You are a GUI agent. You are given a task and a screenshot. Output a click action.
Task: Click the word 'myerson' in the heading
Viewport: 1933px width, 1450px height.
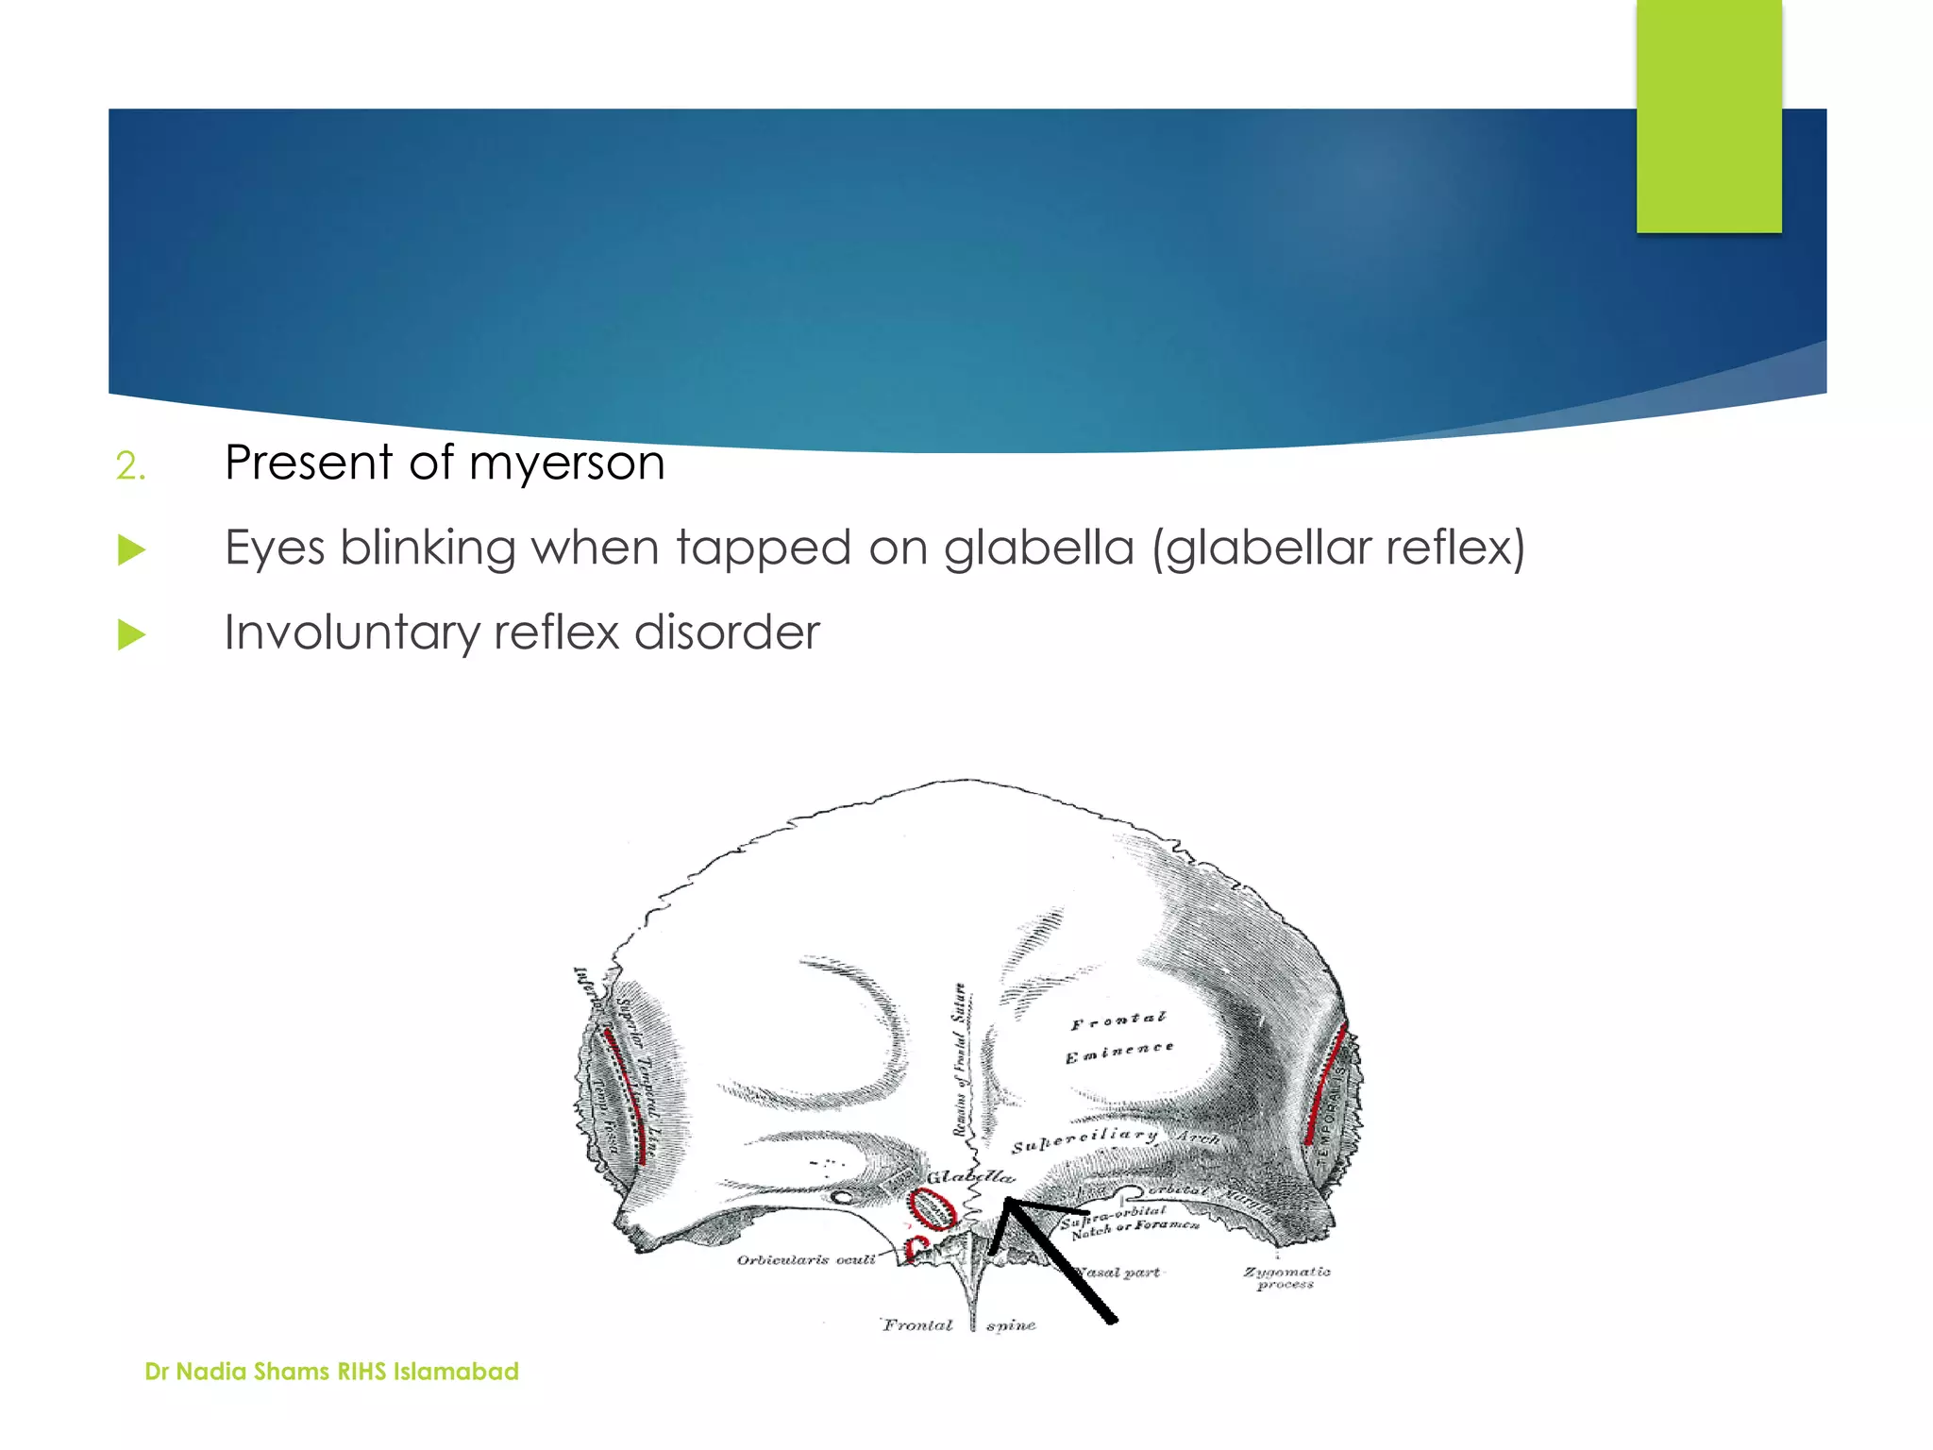pyautogui.click(x=566, y=464)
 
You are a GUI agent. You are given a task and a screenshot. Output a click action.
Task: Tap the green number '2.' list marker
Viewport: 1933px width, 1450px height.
pyautogui.click(x=131, y=466)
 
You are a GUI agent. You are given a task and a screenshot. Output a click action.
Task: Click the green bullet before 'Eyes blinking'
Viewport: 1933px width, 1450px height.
pyautogui.click(x=132, y=549)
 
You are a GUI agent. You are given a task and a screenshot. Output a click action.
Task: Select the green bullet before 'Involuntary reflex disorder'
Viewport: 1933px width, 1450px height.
pyautogui.click(x=132, y=634)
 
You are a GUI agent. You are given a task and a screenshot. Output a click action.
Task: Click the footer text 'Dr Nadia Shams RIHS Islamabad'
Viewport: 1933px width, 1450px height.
pyautogui.click(x=331, y=1371)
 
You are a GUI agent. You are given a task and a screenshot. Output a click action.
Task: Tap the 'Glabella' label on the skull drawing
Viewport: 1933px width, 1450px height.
pyautogui.click(x=970, y=1176)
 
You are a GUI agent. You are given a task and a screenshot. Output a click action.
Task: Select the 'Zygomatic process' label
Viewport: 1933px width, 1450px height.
pyautogui.click(x=1286, y=1277)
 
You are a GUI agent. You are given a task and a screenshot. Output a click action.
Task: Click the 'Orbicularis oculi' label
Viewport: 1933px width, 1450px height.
pyautogui.click(x=806, y=1259)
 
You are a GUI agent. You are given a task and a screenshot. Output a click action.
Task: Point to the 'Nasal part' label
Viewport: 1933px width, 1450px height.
pyautogui.click(x=1119, y=1272)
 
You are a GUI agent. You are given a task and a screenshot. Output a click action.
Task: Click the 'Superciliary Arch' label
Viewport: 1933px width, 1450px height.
pyautogui.click(x=1114, y=1139)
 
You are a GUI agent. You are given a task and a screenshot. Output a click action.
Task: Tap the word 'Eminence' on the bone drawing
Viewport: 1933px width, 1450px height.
pyautogui.click(x=1119, y=1052)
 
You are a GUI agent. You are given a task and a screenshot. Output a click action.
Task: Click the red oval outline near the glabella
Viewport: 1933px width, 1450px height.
pyautogui.click(x=931, y=1208)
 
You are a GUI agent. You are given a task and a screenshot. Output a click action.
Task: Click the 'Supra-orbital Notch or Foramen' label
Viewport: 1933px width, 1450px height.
pyautogui.click(x=1130, y=1221)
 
